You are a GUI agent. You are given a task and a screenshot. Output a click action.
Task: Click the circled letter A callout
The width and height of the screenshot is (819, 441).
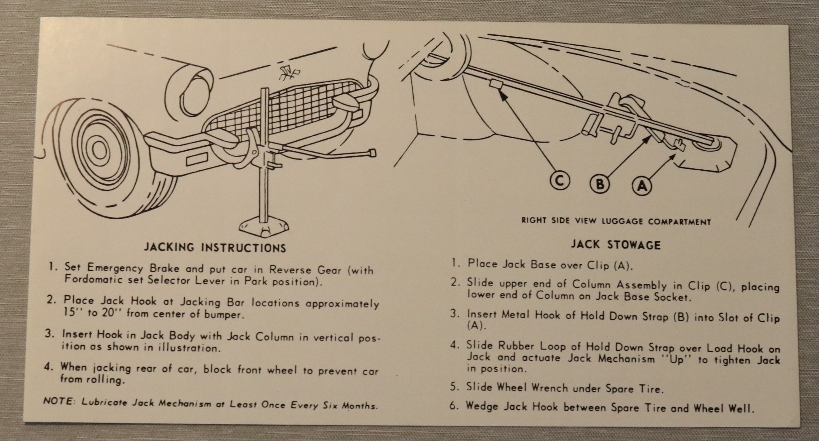[x=642, y=186]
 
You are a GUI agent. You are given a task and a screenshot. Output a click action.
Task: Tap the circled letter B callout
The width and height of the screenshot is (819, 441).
[x=600, y=184]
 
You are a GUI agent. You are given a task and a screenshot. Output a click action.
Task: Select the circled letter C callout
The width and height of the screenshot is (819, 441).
[x=560, y=181]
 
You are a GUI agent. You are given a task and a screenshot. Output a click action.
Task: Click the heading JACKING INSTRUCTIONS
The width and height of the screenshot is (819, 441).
[x=215, y=248]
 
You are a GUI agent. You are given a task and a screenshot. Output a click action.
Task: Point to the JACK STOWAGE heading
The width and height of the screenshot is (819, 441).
[x=615, y=245]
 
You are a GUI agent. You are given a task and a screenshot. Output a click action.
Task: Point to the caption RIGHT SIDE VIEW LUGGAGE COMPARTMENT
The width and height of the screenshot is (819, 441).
[x=616, y=221]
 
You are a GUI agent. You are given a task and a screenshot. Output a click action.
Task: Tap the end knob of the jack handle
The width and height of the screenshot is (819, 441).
[x=372, y=153]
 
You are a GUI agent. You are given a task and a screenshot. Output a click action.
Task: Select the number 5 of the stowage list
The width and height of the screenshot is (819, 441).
[x=454, y=387]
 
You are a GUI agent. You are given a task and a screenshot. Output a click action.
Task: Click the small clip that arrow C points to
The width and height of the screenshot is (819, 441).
[x=495, y=85]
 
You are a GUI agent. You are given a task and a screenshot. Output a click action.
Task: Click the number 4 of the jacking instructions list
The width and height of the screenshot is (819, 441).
[x=48, y=367]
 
